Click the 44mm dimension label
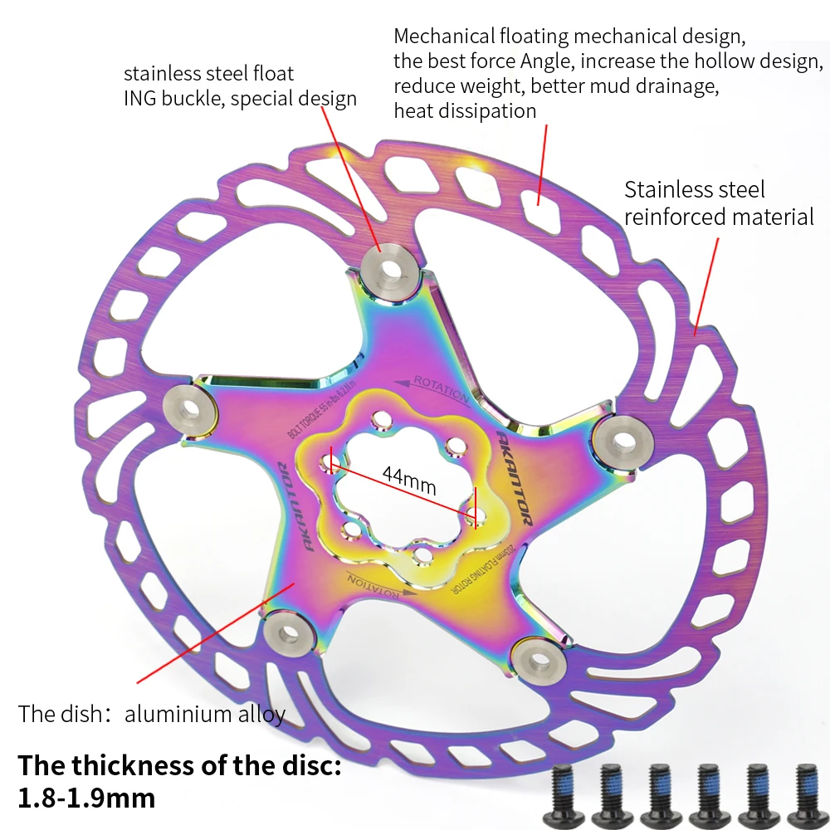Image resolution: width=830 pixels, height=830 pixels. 408,479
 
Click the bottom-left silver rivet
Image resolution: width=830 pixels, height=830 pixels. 289,633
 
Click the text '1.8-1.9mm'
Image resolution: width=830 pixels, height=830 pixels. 86,798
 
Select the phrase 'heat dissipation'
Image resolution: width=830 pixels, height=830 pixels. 465,110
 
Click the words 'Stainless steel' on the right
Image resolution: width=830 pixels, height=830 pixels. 695,189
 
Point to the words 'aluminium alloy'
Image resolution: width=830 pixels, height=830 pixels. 205,714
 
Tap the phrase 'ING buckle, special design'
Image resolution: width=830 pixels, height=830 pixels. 240,99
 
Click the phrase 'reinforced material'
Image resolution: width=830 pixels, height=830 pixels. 719,217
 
